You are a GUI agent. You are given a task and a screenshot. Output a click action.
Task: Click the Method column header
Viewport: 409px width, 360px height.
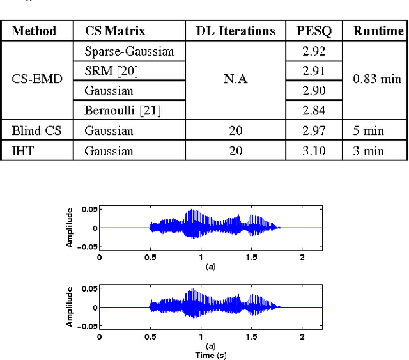(x=35, y=31)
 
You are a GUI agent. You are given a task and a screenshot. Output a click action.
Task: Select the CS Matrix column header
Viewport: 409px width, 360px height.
(x=115, y=31)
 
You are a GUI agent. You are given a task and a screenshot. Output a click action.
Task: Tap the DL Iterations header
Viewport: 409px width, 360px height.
(x=235, y=31)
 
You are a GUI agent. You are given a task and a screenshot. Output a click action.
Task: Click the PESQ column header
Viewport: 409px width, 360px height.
(x=313, y=31)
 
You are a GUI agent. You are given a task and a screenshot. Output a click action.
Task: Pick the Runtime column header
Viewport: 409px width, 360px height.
(x=378, y=31)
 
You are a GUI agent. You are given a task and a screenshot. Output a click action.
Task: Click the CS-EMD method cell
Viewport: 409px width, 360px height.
(x=35, y=79)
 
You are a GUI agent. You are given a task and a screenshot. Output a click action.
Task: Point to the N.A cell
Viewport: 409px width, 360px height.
(x=235, y=80)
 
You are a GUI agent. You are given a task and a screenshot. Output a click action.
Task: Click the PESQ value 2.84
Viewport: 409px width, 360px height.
(x=313, y=111)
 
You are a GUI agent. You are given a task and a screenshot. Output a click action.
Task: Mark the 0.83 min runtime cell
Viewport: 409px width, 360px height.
(x=377, y=79)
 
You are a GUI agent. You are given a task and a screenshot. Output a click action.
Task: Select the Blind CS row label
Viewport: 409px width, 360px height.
(x=35, y=131)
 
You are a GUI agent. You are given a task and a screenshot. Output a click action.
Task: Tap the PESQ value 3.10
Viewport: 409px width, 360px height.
(x=313, y=151)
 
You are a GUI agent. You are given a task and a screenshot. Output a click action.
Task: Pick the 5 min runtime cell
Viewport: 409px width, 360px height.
(x=369, y=131)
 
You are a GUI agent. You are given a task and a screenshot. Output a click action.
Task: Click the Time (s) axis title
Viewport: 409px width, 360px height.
(x=210, y=355)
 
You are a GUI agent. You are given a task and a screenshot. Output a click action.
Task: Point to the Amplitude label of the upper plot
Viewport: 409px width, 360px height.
(x=70, y=228)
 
